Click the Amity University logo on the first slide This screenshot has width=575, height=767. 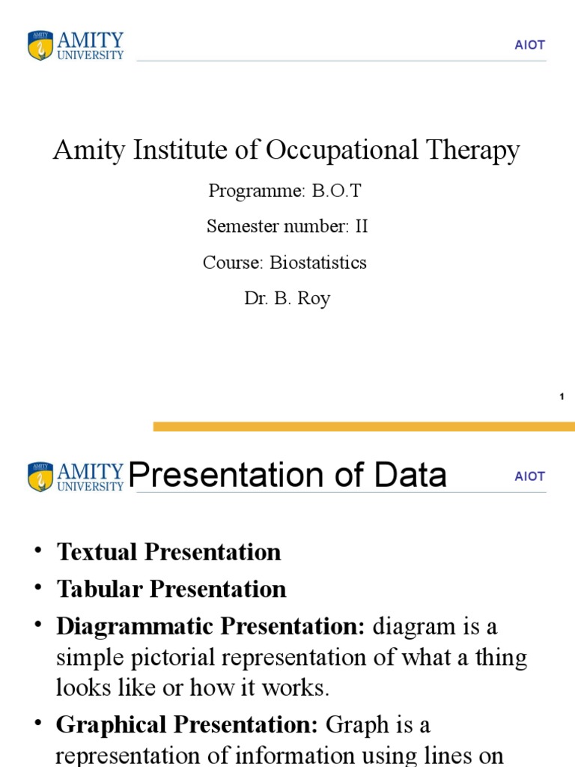[76, 46]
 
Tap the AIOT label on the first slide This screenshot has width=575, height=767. [529, 45]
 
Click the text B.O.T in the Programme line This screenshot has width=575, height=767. [336, 191]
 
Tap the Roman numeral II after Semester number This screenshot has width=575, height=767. [362, 226]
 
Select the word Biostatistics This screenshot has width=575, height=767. [318, 263]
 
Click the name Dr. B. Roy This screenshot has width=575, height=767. [287, 298]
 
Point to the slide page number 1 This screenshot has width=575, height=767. [561, 396]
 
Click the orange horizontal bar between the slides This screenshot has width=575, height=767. [364, 426]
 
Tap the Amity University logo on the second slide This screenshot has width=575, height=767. [76, 476]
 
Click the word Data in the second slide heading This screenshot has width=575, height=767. [410, 476]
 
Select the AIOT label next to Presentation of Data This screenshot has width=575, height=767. [529, 476]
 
